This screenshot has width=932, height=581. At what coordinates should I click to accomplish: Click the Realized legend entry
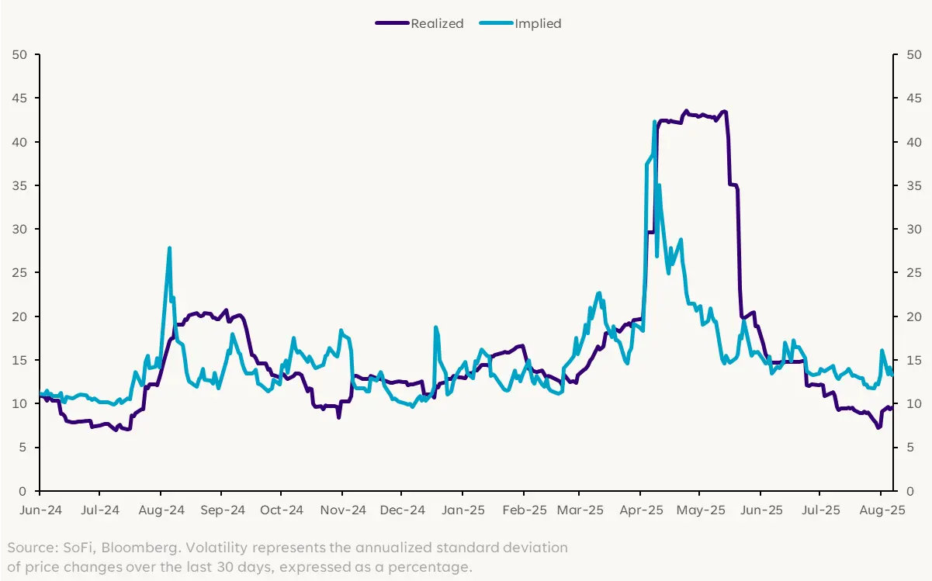click(x=437, y=23)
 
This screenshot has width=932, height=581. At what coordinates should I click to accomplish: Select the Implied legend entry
click(x=538, y=23)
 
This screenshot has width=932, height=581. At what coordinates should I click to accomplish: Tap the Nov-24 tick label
click(x=342, y=510)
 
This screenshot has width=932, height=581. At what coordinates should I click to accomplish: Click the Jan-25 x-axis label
click(x=463, y=510)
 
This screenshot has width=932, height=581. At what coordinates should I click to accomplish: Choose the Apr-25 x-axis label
click(x=640, y=510)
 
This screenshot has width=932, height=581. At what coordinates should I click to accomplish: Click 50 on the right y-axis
click(x=913, y=54)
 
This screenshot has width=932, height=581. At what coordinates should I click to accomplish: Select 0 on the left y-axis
click(x=24, y=491)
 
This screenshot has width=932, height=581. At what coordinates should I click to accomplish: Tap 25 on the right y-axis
click(x=913, y=273)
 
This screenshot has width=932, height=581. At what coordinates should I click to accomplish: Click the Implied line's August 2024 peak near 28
click(x=169, y=248)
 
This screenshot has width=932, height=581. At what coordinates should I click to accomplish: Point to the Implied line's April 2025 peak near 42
click(x=655, y=122)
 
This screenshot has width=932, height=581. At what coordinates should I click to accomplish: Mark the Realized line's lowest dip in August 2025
click(x=878, y=427)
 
